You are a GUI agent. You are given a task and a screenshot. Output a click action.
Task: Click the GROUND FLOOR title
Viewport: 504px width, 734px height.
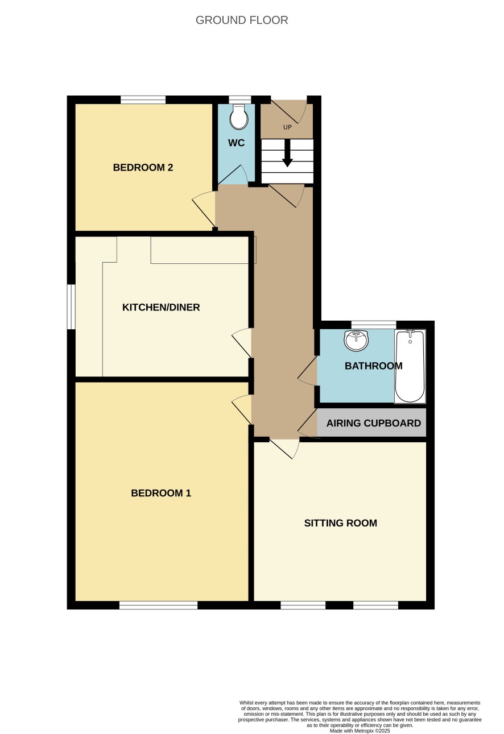pos(242,20)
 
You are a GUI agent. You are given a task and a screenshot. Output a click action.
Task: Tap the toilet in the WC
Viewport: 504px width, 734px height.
pos(238,117)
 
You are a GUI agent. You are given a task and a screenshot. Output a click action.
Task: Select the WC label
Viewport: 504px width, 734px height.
pos(236,143)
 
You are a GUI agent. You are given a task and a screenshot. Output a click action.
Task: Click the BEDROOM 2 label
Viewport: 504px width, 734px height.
pos(143,168)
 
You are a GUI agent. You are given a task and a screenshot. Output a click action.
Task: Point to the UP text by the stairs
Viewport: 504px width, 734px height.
pos(287,127)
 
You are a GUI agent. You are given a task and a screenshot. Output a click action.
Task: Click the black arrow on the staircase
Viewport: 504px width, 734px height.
pos(287,154)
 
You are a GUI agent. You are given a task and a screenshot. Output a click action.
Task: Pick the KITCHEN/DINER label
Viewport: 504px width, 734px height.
pos(161,308)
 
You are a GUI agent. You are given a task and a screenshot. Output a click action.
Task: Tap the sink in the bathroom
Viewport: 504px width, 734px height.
pos(356,340)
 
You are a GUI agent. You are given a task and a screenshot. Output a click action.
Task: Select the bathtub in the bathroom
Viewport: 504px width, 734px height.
pos(410,366)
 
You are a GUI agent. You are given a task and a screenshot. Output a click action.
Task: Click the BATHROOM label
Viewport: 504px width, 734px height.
pos(374,366)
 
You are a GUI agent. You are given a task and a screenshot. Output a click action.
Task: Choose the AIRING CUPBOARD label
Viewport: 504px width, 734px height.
pos(374,423)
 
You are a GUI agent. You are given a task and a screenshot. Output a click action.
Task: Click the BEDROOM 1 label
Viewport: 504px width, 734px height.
pos(161,493)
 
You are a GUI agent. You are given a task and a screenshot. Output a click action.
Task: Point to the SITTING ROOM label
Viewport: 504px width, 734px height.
pos(340,523)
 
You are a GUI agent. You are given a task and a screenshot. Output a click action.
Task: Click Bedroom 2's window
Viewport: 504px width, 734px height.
pos(143,99)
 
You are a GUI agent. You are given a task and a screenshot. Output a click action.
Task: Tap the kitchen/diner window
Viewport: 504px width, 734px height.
pos(71,306)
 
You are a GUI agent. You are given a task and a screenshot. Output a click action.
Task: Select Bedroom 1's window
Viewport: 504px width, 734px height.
pos(158,605)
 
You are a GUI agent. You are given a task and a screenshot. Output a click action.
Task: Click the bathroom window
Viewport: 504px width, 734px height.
pos(374,325)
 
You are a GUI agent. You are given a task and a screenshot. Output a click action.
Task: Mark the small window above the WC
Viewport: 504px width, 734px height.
pos(239,99)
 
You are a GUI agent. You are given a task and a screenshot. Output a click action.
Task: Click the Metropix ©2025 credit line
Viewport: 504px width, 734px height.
pos(360,731)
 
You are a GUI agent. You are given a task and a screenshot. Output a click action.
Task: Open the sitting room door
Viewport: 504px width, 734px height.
pos(284,449)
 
